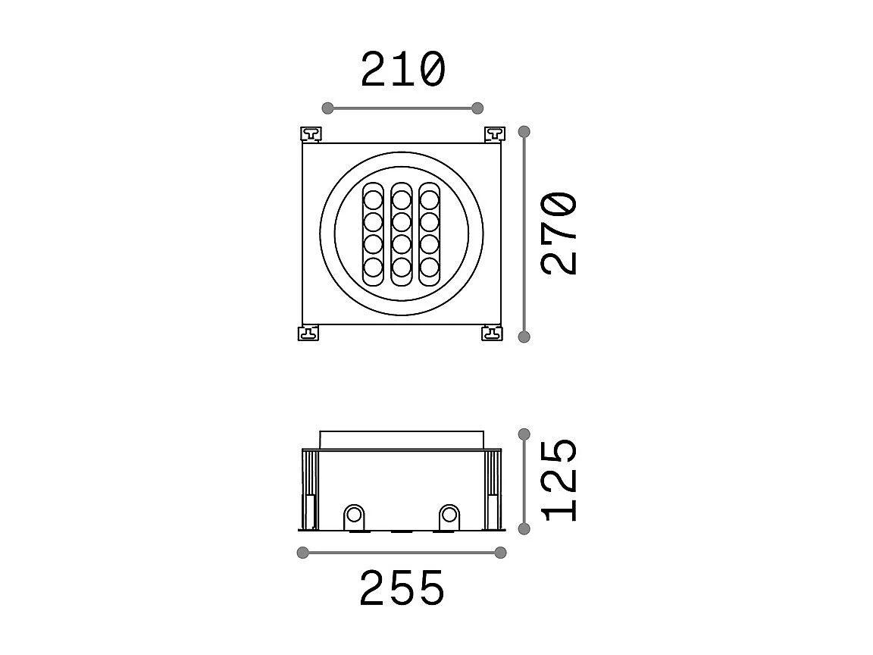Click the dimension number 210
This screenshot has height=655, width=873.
(x=402, y=70)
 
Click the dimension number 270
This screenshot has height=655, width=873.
(x=560, y=233)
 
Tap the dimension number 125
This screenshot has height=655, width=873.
(x=560, y=479)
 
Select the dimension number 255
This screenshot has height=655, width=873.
(x=402, y=588)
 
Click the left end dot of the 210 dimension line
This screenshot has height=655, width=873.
(x=328, y=108)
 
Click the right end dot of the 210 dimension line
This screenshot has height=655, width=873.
(x=477, y=108)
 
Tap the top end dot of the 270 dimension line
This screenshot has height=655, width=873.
(x=524, y=132)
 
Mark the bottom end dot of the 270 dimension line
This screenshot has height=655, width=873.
(x=524, y=337)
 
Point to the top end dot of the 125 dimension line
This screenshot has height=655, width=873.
(x=524, y=434)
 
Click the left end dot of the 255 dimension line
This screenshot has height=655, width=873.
(x=303, y=553)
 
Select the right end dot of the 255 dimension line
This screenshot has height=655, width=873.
(x=500, y=553)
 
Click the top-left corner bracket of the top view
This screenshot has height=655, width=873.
(x=311, y=134)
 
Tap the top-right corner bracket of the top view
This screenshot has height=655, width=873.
(x=494, y=134)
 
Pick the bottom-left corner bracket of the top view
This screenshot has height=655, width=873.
(x=309, y=333)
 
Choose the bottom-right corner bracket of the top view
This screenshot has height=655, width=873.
(x=492, y=333)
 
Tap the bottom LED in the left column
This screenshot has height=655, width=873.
(x=373, y=267)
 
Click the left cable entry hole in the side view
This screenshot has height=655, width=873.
(x=354, y=516)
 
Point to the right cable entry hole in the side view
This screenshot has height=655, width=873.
(x=449, y=516)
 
